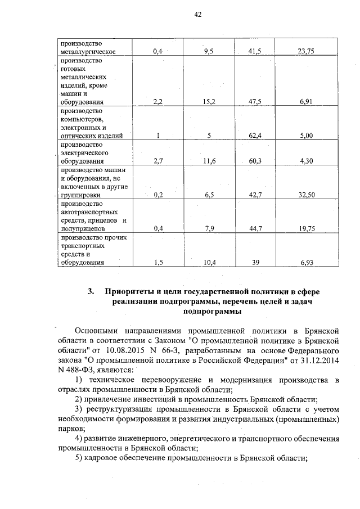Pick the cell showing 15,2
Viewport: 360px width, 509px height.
pyautogui.click(x=209, y=103)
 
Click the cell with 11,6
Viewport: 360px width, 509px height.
pyautogui.click(x=209, y=161)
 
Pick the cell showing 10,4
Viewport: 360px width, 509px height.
pyautogui.click(x=209, y=263)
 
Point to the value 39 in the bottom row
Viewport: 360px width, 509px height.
pyautogui.click(x=256, y=263)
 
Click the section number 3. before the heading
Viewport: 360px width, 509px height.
pyautogui.click(x=91, y=291)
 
